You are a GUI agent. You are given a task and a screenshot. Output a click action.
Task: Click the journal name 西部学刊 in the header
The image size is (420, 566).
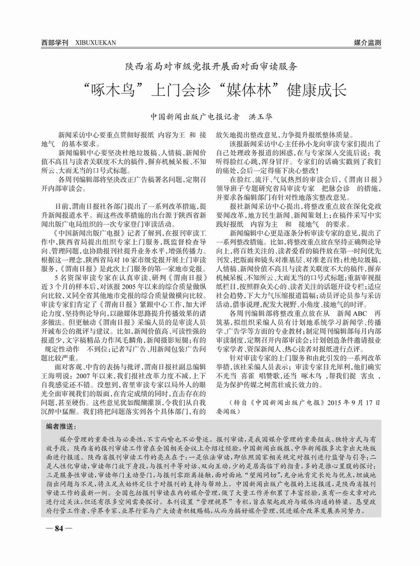tap(54, 43)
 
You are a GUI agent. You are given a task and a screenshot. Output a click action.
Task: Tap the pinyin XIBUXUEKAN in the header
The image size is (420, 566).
tap(95, 43)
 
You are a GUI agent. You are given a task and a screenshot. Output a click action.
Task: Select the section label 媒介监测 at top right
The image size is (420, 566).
tap(367, 43)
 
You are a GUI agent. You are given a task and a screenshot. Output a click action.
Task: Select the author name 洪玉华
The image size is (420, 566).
tap(261, 116)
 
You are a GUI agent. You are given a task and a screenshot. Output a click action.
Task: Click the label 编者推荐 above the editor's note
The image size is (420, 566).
tap(59, 427)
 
